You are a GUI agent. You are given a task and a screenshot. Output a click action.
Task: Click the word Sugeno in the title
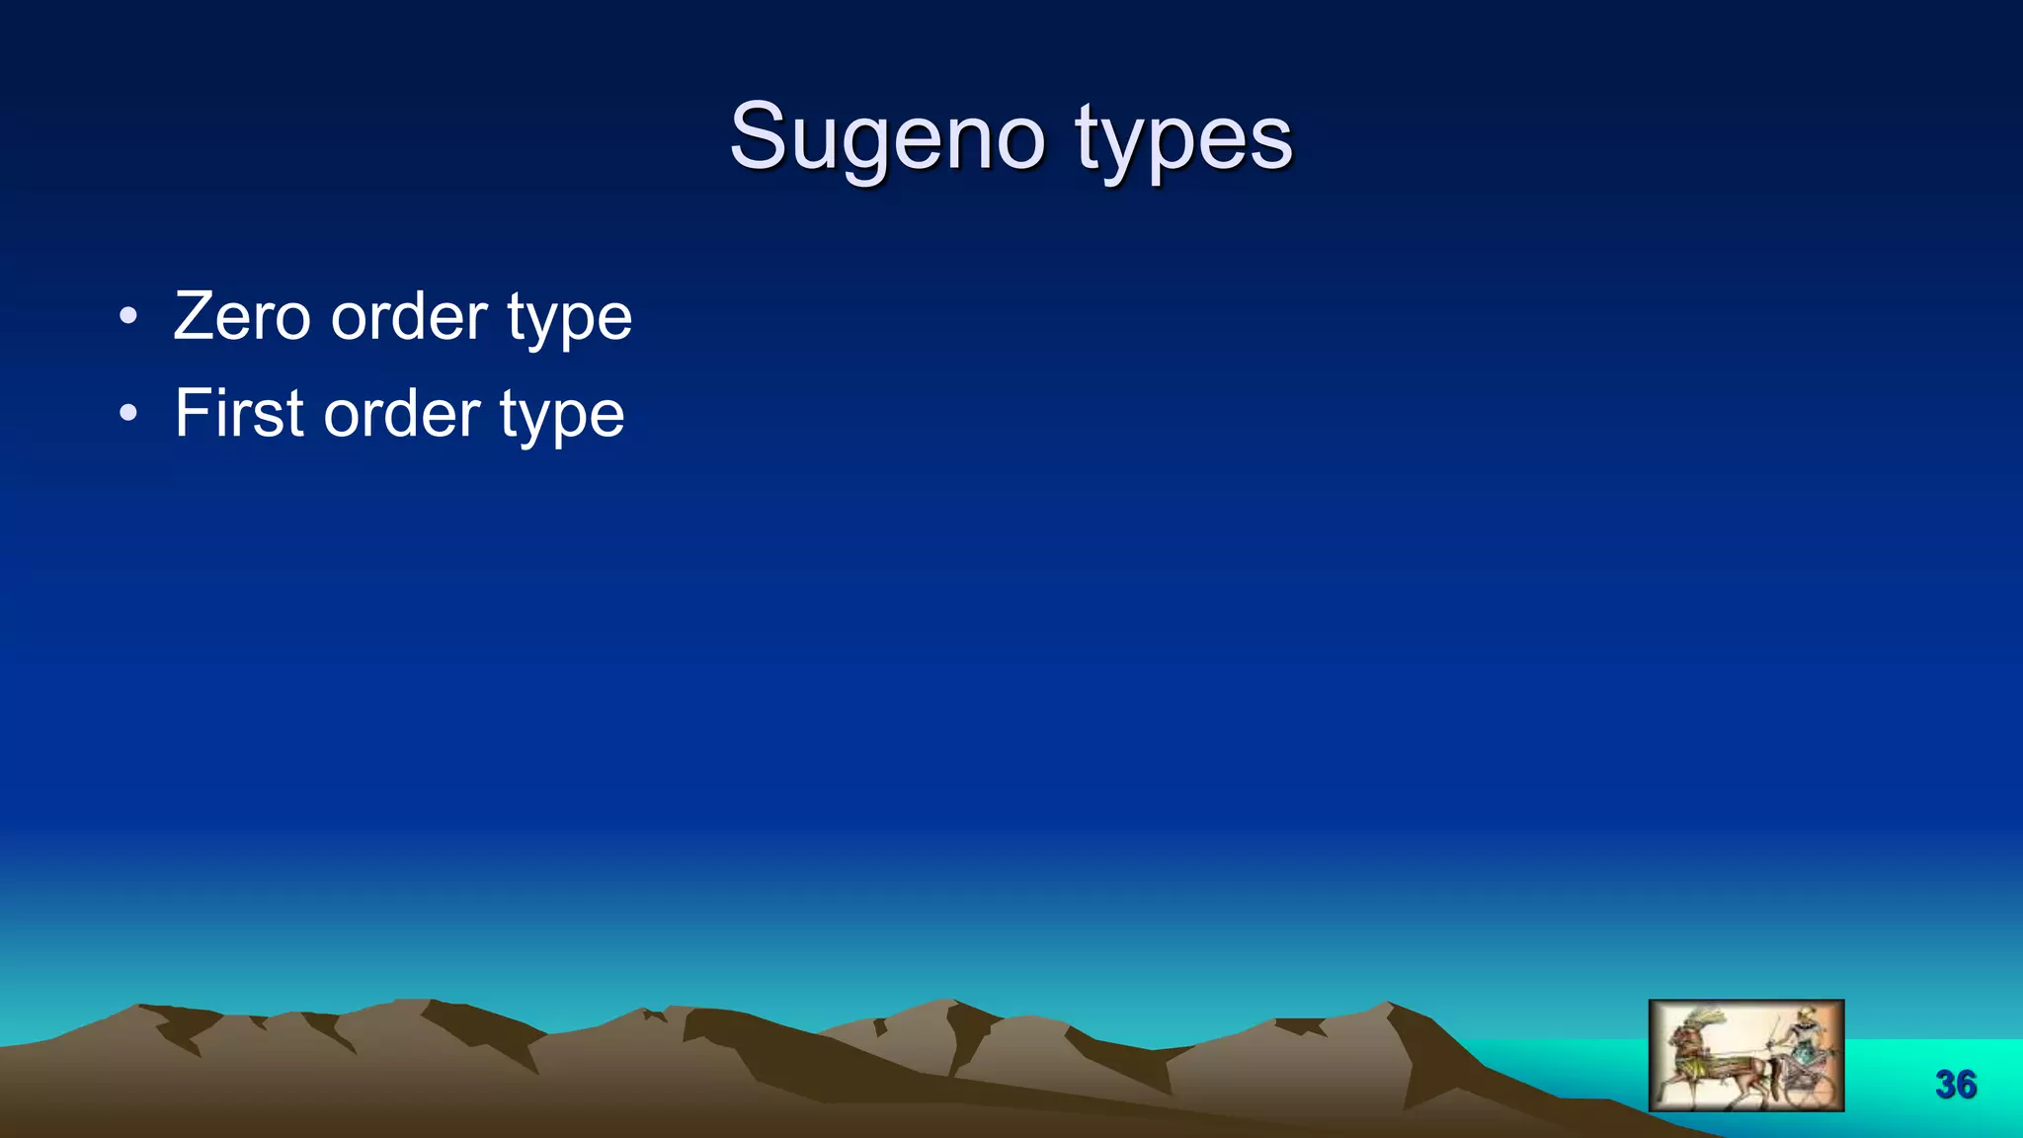point(886,138)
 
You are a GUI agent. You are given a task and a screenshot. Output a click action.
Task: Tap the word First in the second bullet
point(238,413)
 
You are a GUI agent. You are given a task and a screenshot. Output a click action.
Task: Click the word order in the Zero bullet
point(409,317)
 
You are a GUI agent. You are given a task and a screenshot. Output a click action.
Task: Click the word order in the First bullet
point(402,413)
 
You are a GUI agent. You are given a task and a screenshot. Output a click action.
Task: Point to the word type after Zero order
point(570,319)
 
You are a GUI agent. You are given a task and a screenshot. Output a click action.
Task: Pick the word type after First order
point(562,415)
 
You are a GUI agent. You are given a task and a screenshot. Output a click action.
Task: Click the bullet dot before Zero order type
point(127,317)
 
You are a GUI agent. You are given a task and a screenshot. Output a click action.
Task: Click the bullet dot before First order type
point(127,413)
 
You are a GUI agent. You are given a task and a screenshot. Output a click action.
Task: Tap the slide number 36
point(1956,1085)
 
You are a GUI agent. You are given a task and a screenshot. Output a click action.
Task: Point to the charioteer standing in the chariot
point(1806,1037)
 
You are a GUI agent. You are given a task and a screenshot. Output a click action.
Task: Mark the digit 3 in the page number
point(1946,1085)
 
